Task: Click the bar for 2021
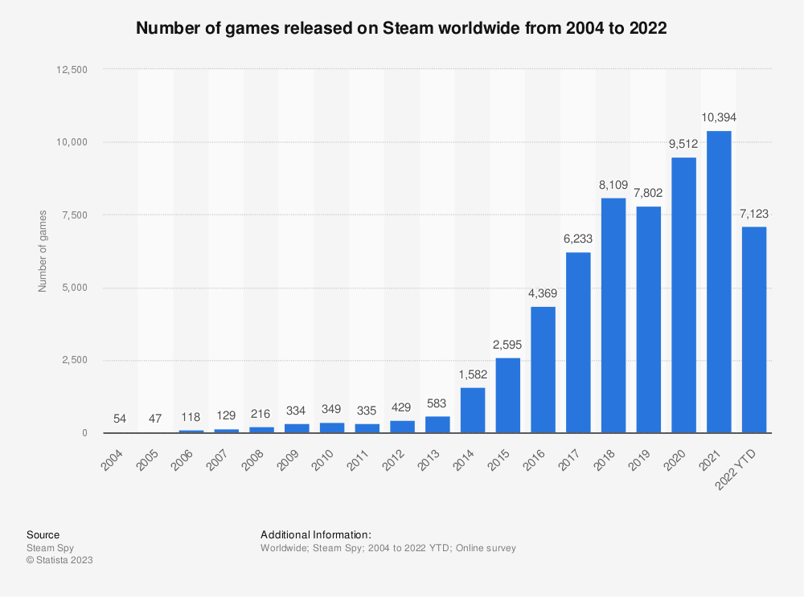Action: pos(719,281)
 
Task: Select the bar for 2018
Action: pos(613,315)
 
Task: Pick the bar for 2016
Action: pos(543,370)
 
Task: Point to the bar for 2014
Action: pos(472,410)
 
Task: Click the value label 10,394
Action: pos(719,117)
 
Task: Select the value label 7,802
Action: pos(649,193)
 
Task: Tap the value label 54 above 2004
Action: pos(121,419)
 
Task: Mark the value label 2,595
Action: pos(507,344)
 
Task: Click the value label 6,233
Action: pos(578,239)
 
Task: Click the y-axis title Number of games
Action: pos(43,251)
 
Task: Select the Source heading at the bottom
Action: pos(43,534)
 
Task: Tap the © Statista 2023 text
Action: pos(59,561)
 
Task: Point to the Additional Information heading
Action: pos(316,534)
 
